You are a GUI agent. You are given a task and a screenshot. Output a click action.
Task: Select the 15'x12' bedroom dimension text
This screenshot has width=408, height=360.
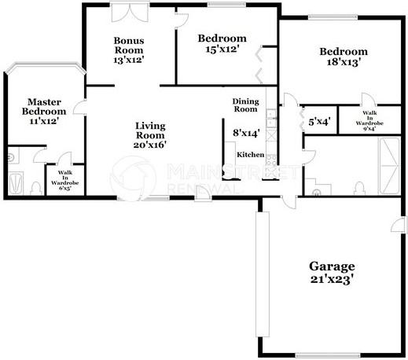pos(222,50)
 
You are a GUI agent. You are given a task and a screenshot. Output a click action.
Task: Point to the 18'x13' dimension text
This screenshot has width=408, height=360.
pos(343,64)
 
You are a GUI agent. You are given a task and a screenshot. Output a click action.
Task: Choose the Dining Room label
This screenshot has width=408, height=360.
pos(245,105)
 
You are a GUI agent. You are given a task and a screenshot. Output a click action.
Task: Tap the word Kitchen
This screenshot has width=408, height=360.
pos(250,154)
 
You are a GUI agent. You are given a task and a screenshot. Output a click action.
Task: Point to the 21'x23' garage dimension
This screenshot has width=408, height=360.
pos(331,278)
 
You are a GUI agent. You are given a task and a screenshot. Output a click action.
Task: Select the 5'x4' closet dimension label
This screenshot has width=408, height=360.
pos(319,122)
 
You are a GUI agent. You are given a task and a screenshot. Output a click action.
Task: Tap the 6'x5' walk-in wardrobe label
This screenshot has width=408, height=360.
pos(60,182)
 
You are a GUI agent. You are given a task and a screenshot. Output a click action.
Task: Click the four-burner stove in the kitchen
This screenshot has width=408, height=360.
pos(271,118)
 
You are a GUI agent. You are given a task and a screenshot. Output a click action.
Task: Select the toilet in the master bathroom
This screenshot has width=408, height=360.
pos(36,187)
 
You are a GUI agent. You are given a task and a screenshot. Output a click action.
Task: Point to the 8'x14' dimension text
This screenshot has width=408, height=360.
pos(246,134)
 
